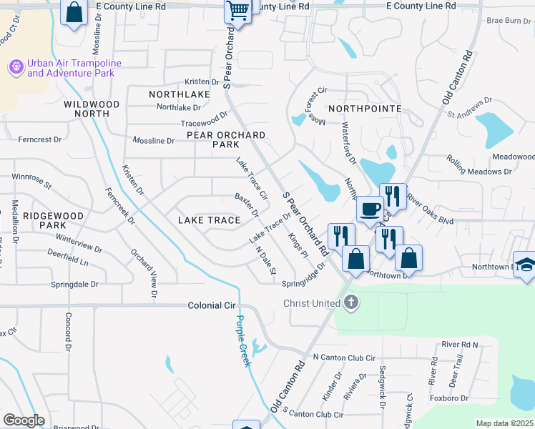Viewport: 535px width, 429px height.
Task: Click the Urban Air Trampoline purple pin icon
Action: pos(16,68)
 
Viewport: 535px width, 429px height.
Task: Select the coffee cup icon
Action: pos(369,209)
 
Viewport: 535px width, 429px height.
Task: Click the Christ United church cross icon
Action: pos(350,303)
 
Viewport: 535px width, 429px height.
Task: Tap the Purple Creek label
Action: pos(244,341)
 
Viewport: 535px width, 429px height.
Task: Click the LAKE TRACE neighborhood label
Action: pos(209,220)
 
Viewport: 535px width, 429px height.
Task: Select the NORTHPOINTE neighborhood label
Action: pos(365,108)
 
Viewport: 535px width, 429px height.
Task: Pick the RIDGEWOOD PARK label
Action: pos(44,220)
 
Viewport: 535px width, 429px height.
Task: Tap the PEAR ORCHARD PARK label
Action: pos(226,139)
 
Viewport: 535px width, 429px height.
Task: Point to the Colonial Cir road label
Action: pos(212,305)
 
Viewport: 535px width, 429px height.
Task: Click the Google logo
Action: pos(24,420)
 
